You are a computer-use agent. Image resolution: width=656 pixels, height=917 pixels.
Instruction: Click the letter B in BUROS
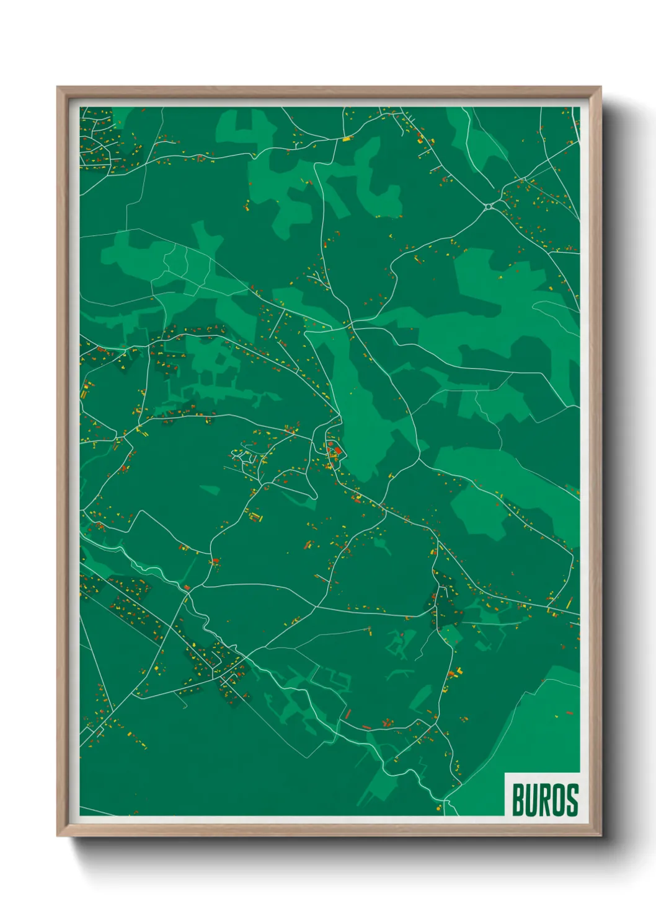pyautogui.click(x=519, y=800)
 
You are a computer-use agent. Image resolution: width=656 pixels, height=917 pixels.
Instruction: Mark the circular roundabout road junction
pyautogui.click(x=489, y=206)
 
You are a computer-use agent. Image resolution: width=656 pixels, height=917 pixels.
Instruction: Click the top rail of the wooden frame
pyautogui.click(x=329, y=90)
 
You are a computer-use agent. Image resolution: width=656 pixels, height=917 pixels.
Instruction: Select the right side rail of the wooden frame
pyautogui.click(x=597, y=459)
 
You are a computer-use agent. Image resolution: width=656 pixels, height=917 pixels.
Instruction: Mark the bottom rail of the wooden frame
pyautogui.click(x=329, y=831)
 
